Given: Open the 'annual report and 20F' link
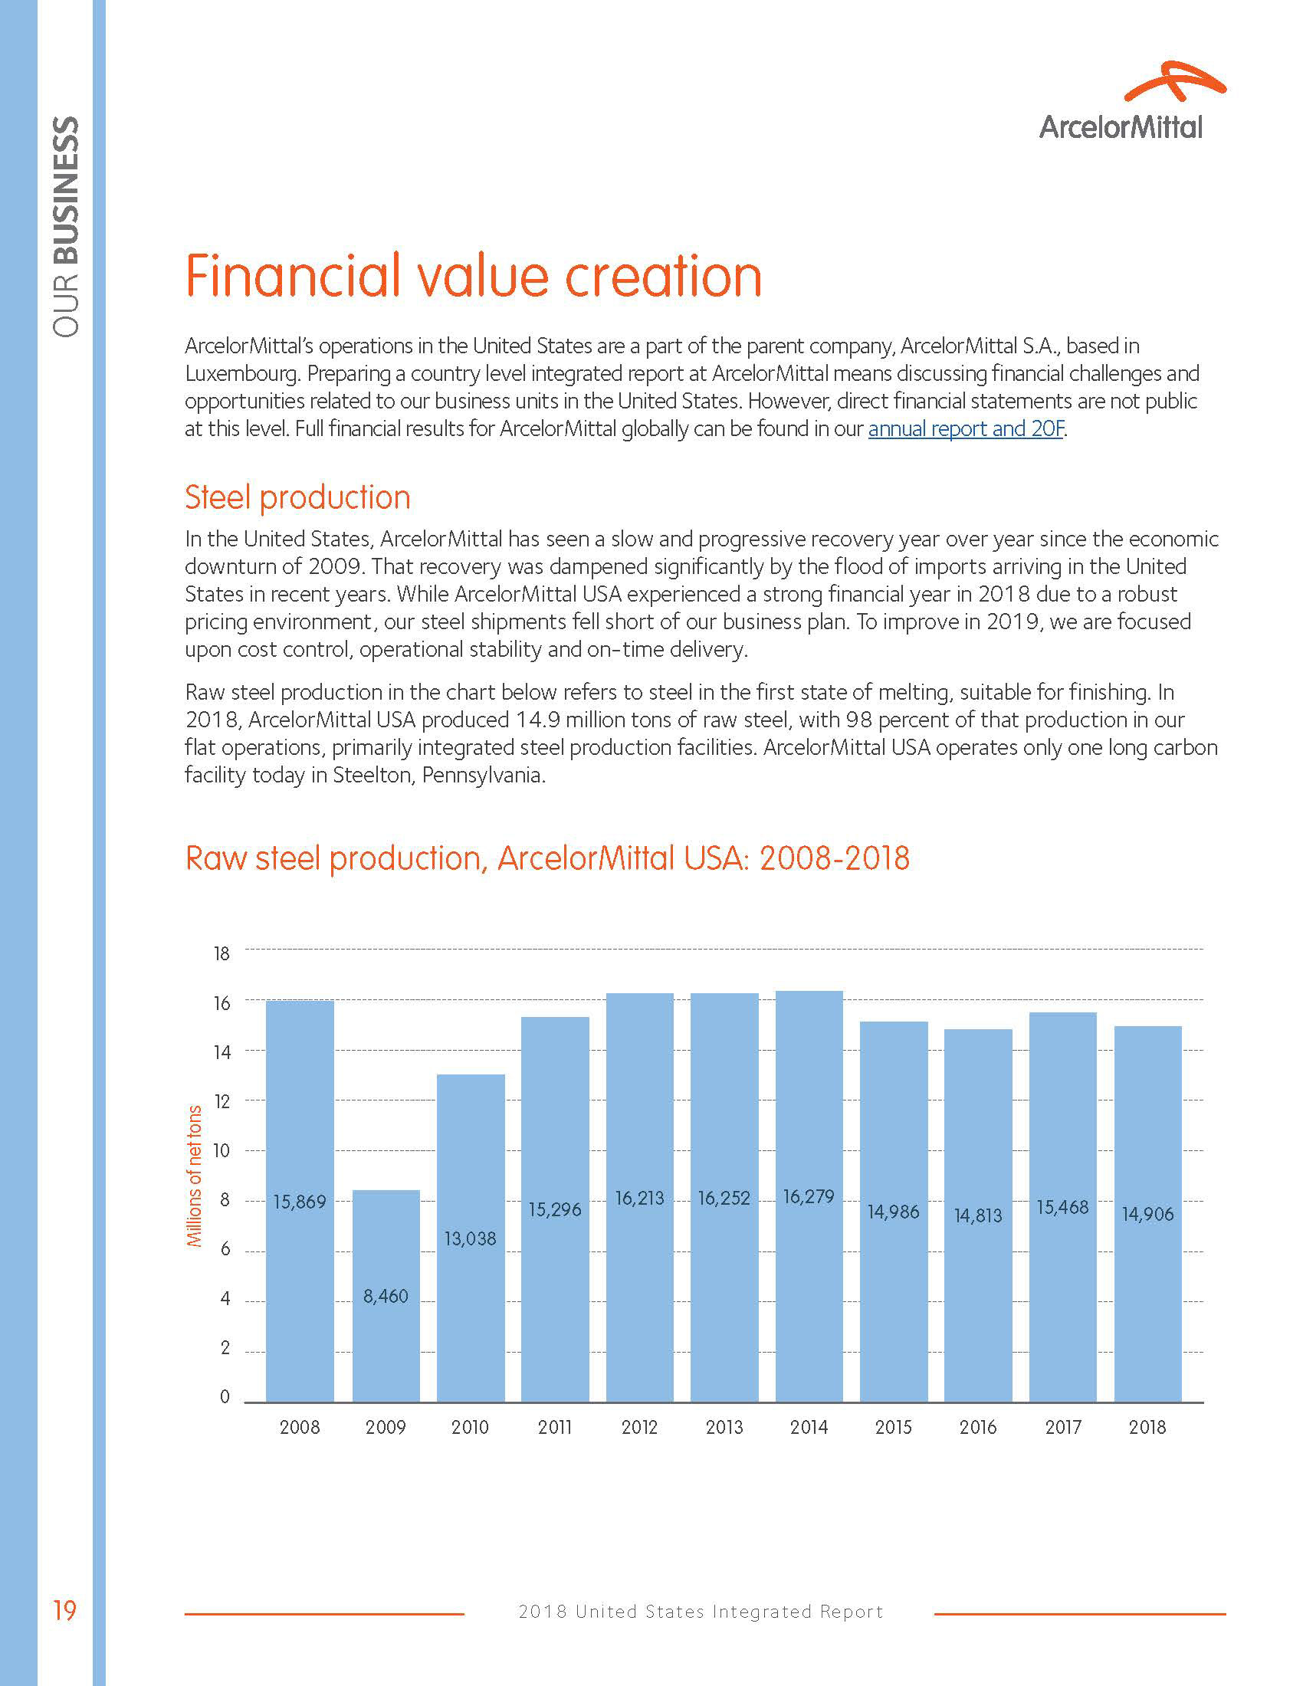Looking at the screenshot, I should pyautogui.click(x=966, y=428).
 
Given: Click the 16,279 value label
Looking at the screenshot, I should pyautogui.click(x=808, y=1196).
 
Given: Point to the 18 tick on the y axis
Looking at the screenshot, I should pyautogui.click(x=222, y=953).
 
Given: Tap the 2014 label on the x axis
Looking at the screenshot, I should pyautogui.click(x=808, y=1428).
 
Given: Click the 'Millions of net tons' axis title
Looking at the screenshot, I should pyautogui.click(x=195, y=1176).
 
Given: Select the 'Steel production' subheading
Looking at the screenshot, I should pyautogui.click(x=297, y=498).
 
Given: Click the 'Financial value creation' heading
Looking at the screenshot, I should pyautogui.click(x=473, y=276).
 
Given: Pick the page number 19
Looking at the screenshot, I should pyautogui.click(x=65, y=1611).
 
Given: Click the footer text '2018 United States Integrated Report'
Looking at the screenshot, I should pyautogui.click(x=700, y=1612).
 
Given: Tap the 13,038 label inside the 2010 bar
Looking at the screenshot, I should pyautogui.click(x=470, y=1239).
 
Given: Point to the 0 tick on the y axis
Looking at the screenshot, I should pyautogui.click(x=225, y=1396).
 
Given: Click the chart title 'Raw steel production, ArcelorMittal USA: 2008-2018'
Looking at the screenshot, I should pyautogui.click(x=547, y=858).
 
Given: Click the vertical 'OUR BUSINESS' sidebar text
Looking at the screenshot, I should pyautogui.click(x=67, y=226).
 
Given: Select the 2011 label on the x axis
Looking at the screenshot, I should pyautogui.click(x=555, y=1428).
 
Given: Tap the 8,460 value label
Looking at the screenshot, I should pyautogui.click(x=386, y=1296).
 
